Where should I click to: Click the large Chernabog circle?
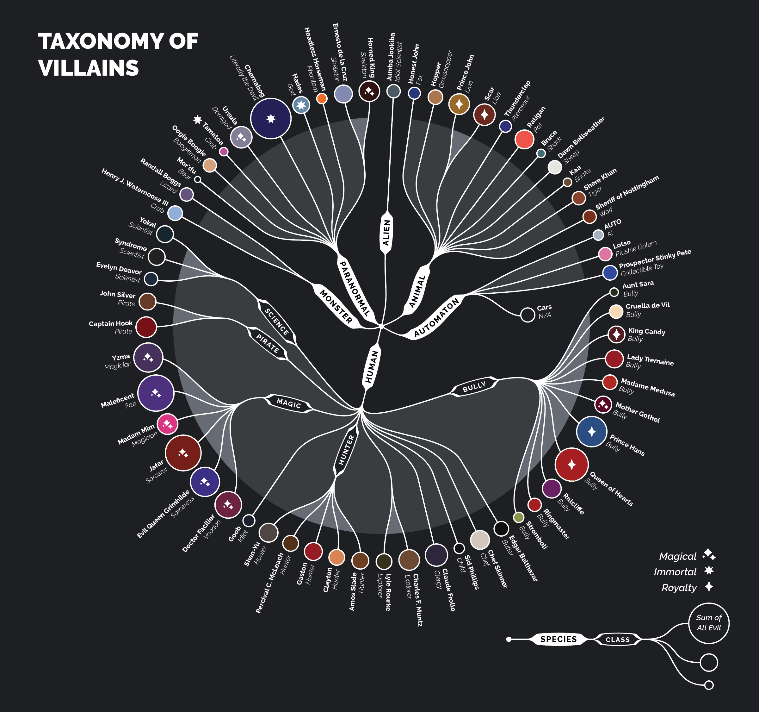[x=271, y=118]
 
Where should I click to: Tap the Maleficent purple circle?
[x=156, y=393]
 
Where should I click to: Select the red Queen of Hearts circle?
[x=571, y=465]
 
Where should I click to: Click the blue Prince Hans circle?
[x=591, y=432]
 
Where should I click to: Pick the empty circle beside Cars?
[x=528, y=315]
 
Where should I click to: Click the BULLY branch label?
[x=474, y=387]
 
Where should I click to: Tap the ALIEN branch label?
[x=386, y=232]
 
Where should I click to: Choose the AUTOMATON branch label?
[x=436, y=317]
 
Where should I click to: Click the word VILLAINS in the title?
[x=89, y=68]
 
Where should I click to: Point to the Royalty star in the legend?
[x=709, y=587]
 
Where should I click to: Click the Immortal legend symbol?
[x=709, y=571]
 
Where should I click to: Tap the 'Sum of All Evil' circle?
[x=709, y=623]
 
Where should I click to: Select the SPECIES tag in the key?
[x=558, y=639]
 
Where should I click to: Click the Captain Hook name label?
[x=111, y=323]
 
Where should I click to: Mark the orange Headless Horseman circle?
[x=322, y=98]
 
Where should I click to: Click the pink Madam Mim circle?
[x=167, y=424]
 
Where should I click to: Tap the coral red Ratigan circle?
[x=524, y=139]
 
